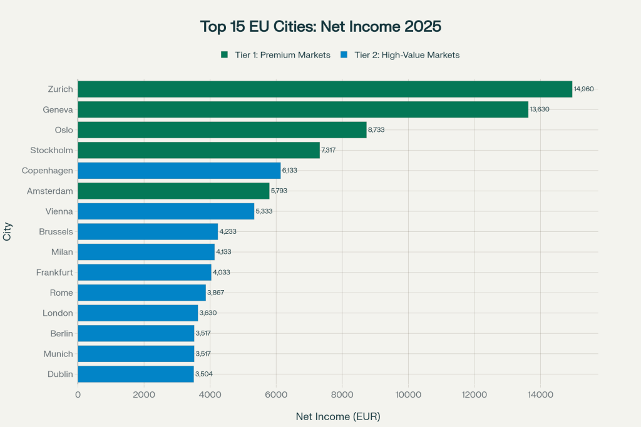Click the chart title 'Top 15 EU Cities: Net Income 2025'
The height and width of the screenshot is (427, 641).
pos(320,27)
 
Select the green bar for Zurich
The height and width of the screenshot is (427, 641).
pos(325,89)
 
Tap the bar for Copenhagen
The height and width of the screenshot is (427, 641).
pos(179,171)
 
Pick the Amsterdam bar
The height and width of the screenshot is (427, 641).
pos(173,191)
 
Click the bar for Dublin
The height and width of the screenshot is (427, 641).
pos(136,374)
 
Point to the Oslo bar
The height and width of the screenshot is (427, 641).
pos(222,130)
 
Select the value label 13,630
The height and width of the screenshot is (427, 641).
pos(540,109)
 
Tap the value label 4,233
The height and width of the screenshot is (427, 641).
pos(227,231)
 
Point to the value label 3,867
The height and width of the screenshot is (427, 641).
pos(217,293)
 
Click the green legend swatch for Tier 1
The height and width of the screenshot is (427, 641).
pos(224,55)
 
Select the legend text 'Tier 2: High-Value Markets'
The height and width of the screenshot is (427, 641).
pos(407,55)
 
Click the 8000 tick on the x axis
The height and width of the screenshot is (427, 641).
pos(342,394)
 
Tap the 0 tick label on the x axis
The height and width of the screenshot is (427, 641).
pos(78,394)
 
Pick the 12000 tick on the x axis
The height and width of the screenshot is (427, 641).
pos(474,394)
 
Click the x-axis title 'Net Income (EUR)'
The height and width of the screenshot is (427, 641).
pos(338,416)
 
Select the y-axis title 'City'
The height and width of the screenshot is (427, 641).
pos(8,232)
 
